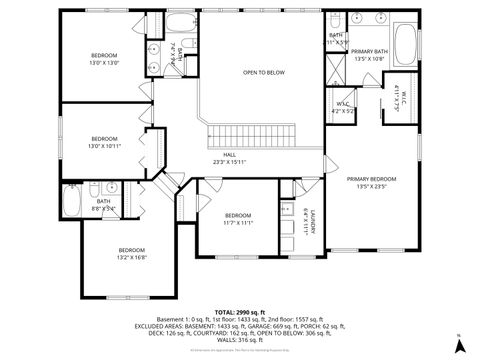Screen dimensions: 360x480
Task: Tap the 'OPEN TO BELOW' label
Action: (x=264, y=73)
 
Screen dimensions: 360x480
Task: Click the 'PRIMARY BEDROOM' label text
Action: (x=372, y=179)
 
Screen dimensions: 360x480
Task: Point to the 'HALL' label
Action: (x=229, y=155)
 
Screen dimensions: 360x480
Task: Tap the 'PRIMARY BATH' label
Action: (x=369, y=51)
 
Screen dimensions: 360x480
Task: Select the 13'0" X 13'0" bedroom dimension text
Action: (x=105, y=63)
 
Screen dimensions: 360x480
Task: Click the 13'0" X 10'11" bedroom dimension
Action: (x=105, y=146)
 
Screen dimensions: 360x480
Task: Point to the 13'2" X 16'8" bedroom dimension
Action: (x=132, y=257)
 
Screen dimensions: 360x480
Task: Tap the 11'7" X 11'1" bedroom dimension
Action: (x=238, y=223)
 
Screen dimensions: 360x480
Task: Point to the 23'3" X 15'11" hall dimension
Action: (x=229, y=163)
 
